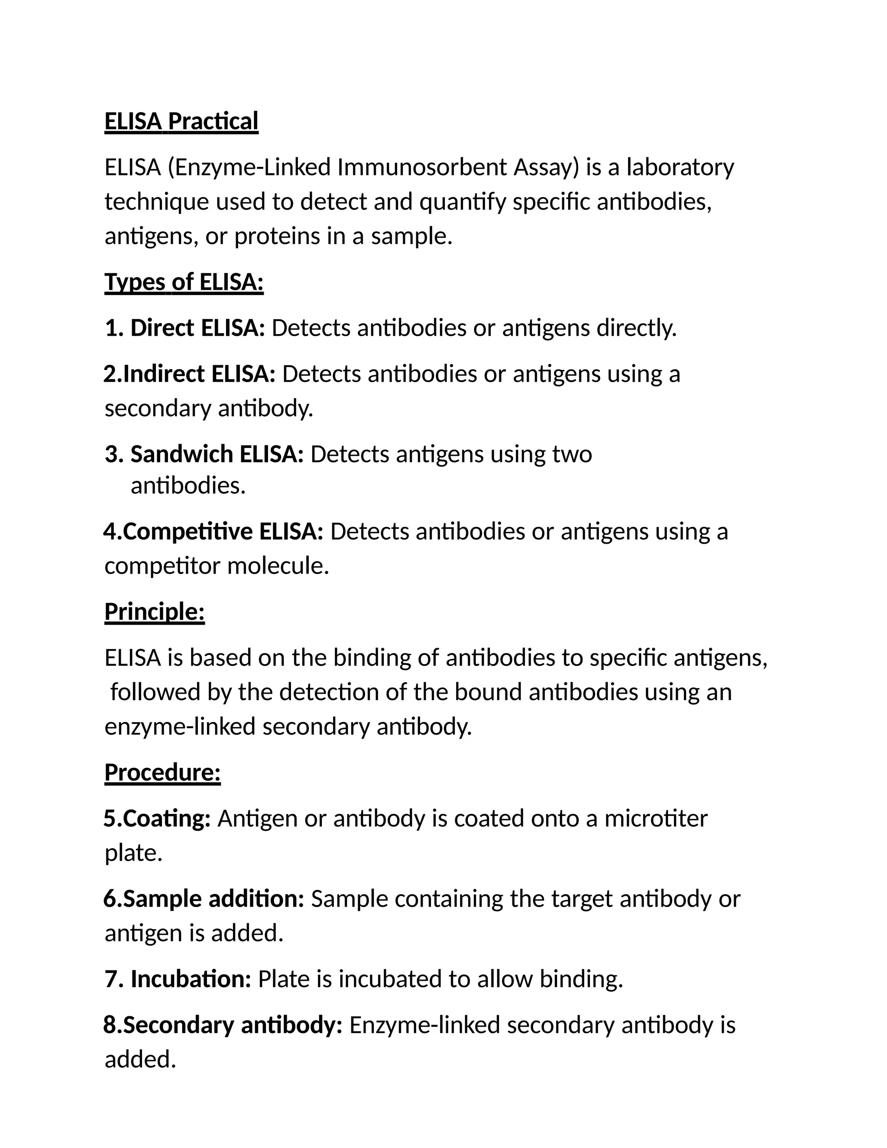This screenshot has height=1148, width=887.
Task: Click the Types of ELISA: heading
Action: pos(184,282)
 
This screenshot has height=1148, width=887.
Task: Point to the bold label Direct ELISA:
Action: pos(197,328)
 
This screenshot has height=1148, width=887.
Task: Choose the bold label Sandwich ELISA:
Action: pos(217,454)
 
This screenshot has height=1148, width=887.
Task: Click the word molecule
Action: pos(278,566)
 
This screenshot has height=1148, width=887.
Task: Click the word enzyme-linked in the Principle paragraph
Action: pos(180,727)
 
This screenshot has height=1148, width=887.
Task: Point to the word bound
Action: pos(488,692)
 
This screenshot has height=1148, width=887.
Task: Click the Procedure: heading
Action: pos(162,773)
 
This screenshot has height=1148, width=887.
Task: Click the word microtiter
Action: pos(656,819)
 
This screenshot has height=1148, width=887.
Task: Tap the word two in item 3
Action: pos(572,454)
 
